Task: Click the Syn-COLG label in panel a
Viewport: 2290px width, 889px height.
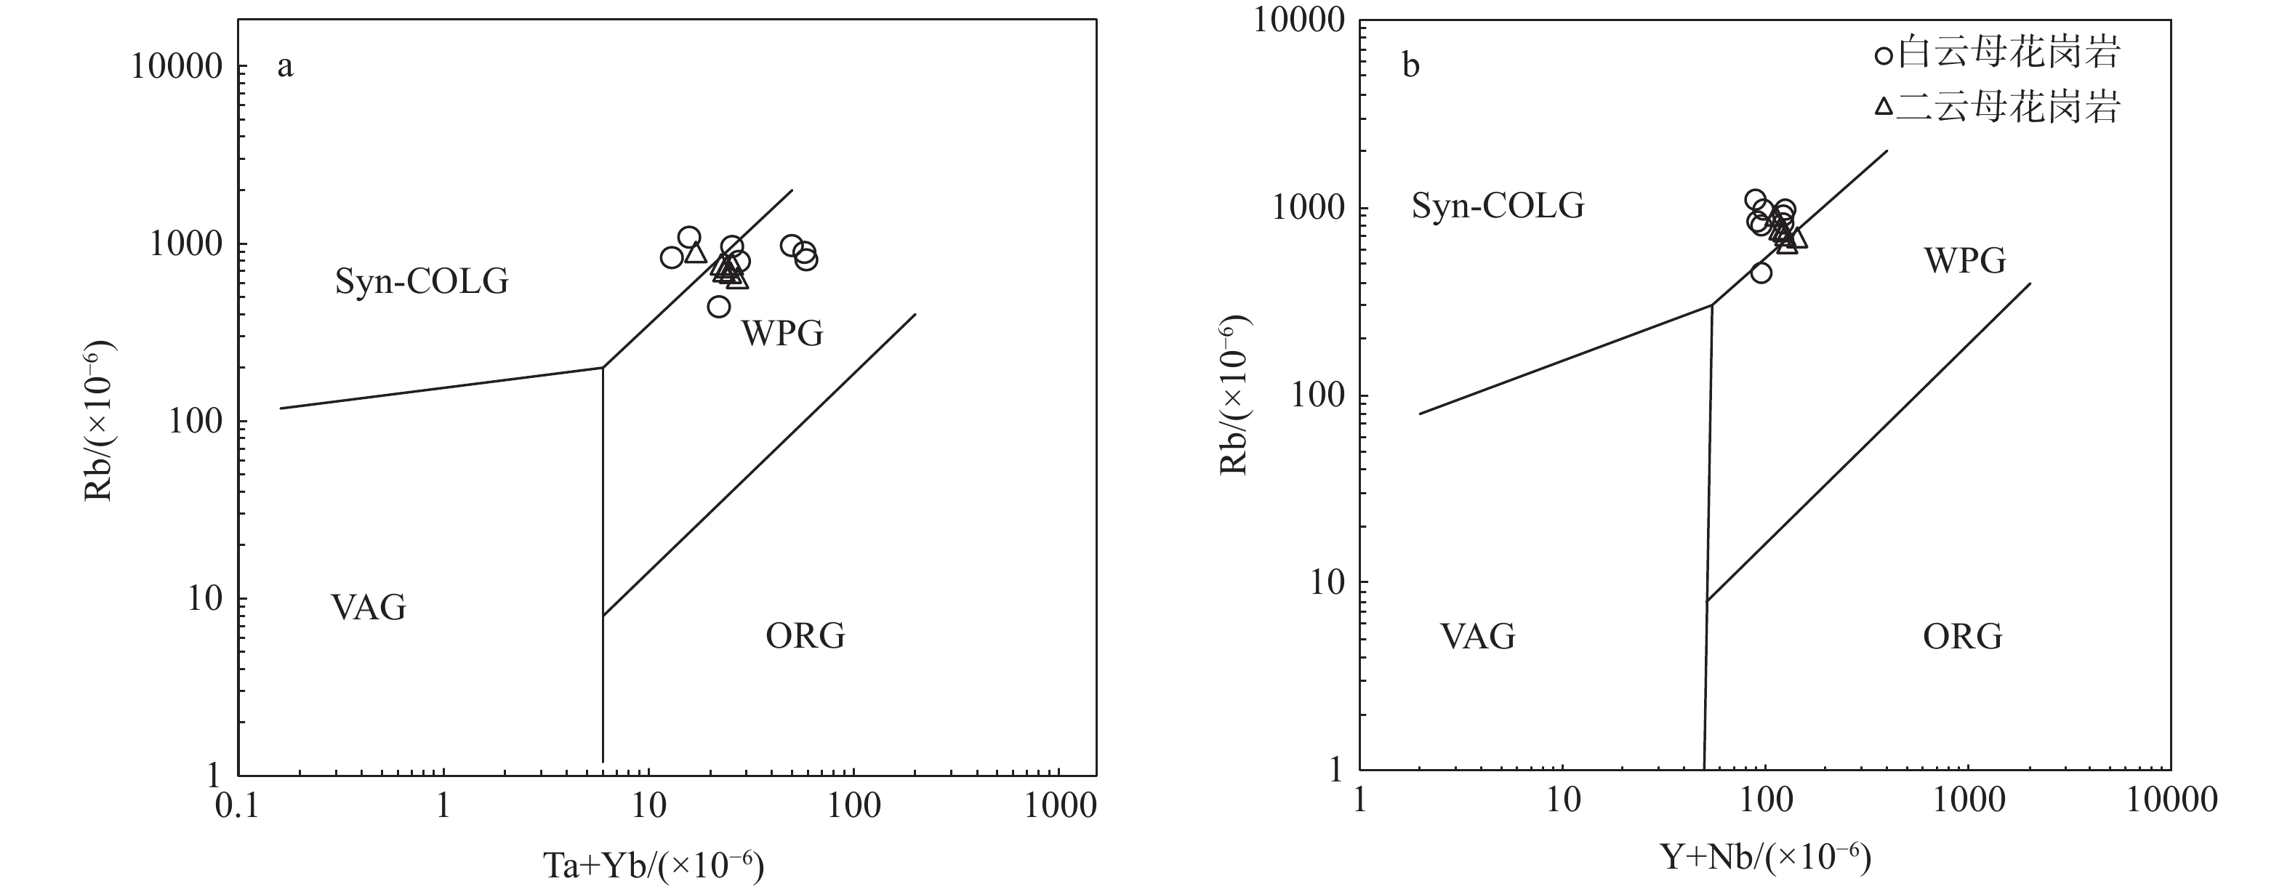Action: point(422,282)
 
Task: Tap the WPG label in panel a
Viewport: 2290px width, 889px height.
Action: point(782,334)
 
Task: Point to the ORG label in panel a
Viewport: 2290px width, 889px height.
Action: point(805,635)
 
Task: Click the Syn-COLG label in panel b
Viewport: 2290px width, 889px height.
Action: point(1498,206)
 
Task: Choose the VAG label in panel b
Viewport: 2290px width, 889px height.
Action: point(1477,637)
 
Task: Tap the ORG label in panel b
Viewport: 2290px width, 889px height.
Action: point(1963,637)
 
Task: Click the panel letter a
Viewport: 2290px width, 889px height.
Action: point(284,66)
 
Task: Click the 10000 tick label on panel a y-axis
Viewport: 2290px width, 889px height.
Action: point(175,67)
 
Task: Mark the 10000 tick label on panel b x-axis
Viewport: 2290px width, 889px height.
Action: point(2169,800)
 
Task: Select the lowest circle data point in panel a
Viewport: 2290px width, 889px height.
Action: point(719,307)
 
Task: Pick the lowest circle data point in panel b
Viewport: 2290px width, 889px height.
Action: point(1761,273)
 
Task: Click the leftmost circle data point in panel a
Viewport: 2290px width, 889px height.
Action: point(671,258)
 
